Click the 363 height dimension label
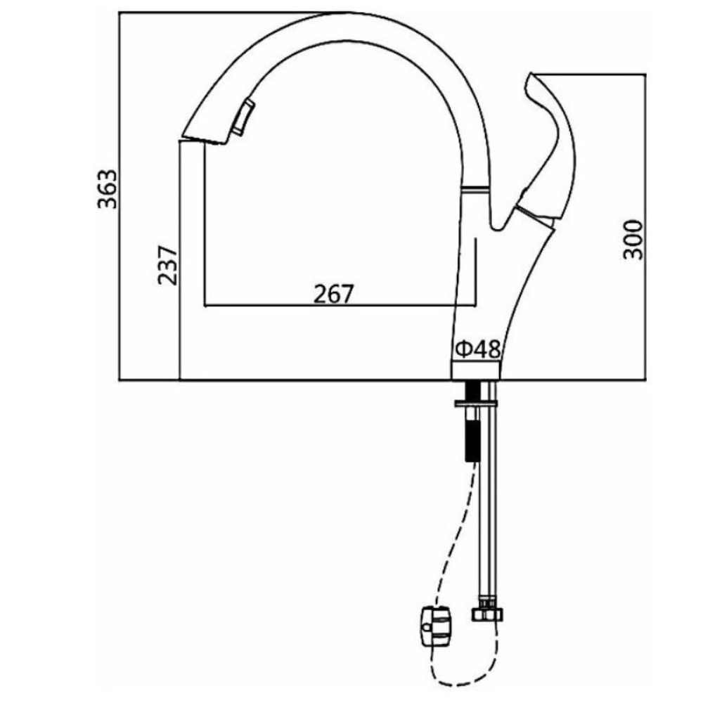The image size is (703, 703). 107,188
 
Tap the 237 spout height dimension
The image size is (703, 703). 168,265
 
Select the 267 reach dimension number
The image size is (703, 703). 333,294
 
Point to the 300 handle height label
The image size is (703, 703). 633,240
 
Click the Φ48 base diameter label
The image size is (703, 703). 477,349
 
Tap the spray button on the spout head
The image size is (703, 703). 243,117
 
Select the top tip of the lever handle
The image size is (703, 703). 531,73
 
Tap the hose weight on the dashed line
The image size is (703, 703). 437,626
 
